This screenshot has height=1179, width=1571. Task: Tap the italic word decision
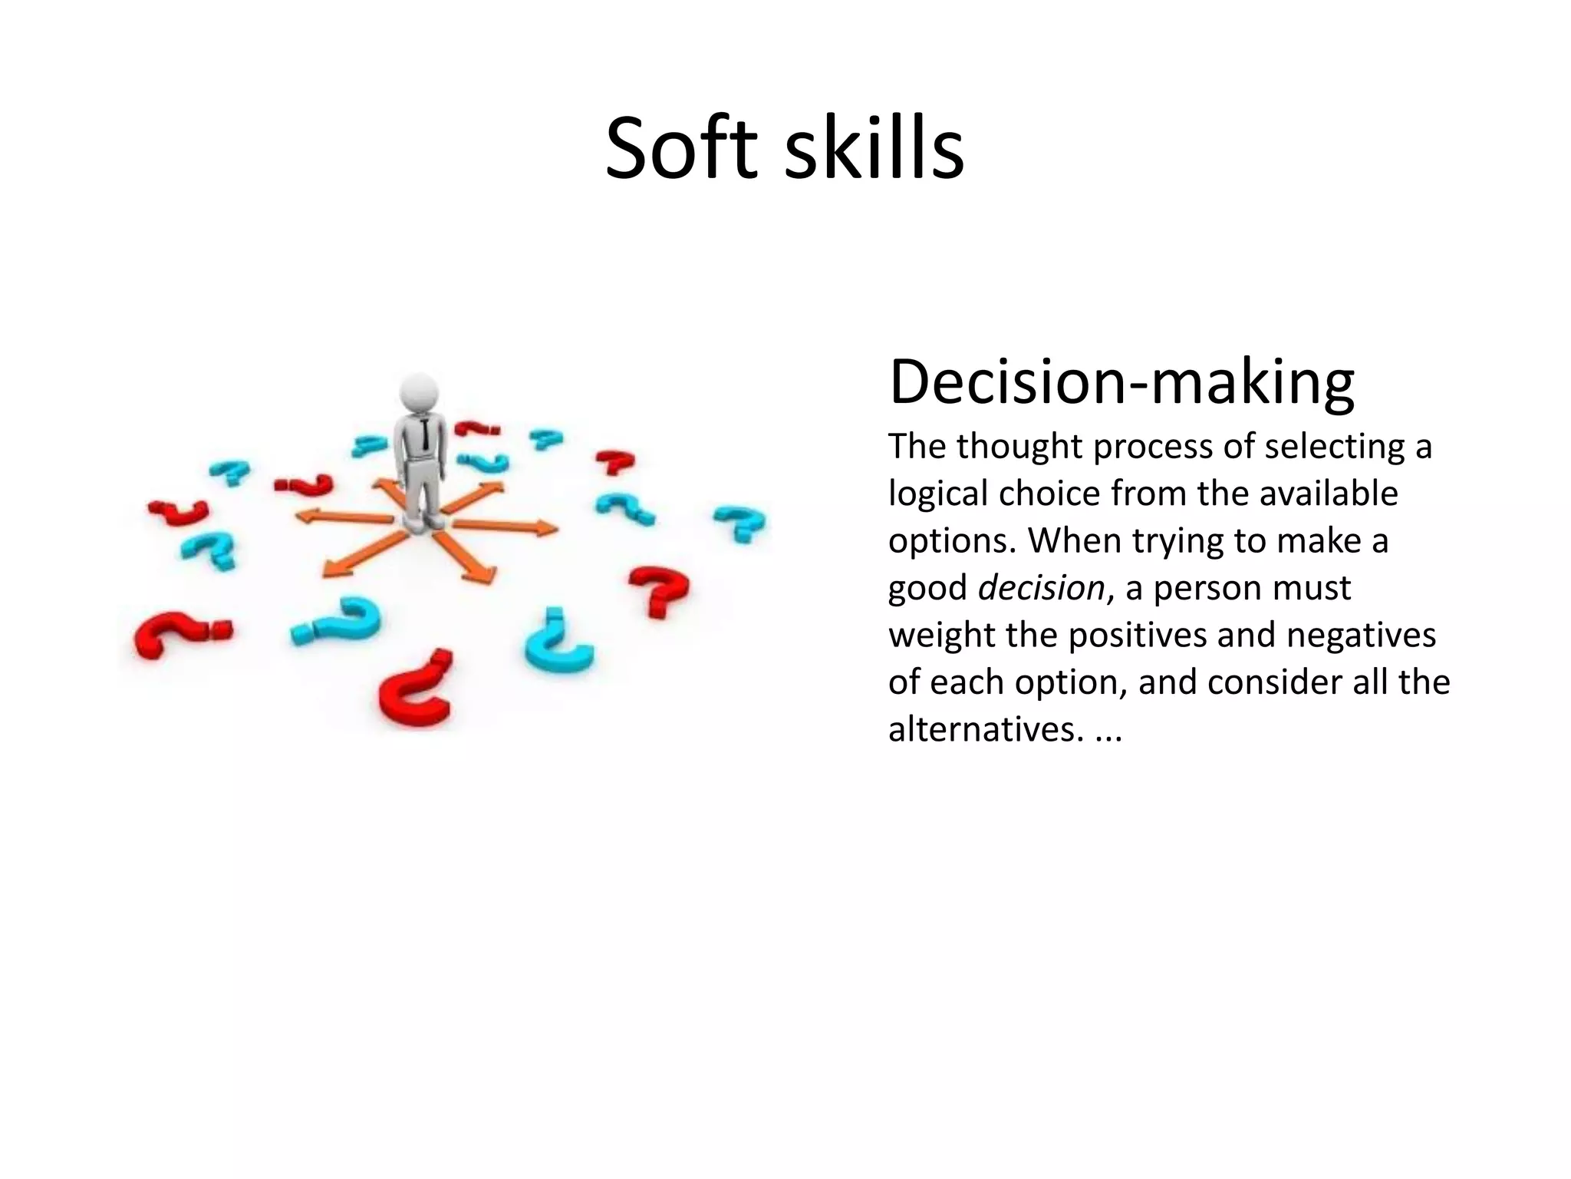[x=1041, y=588]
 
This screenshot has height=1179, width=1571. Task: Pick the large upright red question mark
[x=659, y=591]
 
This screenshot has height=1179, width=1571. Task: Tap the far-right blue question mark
[x=739, y=523]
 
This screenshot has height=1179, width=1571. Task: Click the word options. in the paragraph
[x=952, y=542]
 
